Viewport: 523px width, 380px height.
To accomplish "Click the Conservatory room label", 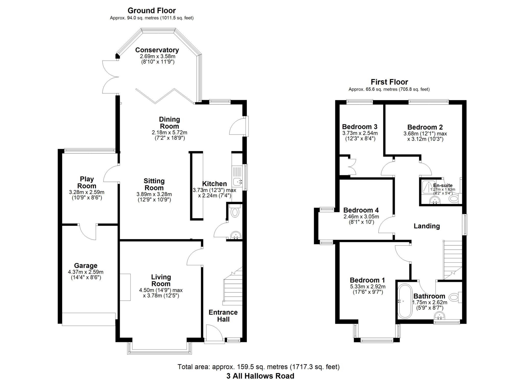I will (157, 50).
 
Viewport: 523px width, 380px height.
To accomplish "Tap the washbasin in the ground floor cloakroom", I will (235, 235).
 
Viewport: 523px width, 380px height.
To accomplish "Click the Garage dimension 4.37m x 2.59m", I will (86, 272).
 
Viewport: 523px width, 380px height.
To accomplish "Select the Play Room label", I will (87, 182).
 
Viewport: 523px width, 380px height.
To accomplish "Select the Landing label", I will (426, 226).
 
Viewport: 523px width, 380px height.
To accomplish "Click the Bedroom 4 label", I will (361, 210).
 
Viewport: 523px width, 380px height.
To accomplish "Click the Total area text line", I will (258, 367).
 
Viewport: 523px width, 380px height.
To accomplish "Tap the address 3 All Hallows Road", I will (260, 376).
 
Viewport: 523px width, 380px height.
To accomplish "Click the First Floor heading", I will (389, 82).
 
